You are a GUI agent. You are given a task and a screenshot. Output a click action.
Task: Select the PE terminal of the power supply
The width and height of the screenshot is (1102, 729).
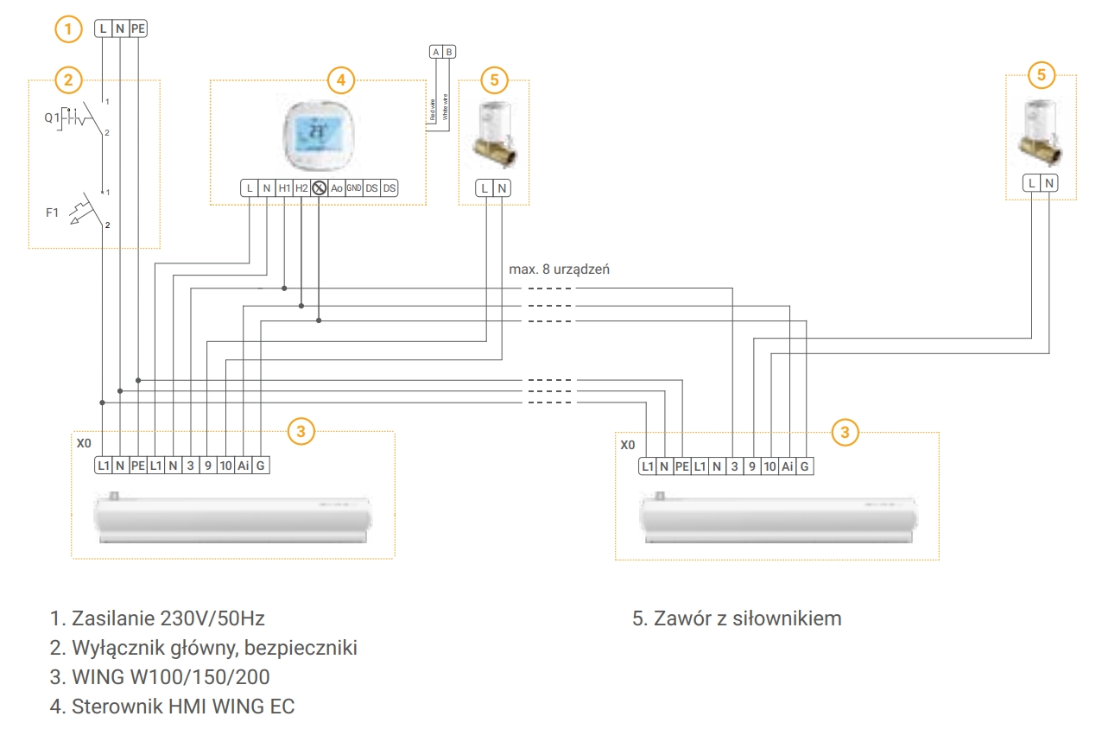click(138, 29)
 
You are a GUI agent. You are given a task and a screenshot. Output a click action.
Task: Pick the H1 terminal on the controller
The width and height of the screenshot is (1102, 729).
click(284, 187)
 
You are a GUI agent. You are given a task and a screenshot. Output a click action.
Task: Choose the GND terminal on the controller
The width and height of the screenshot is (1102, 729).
click(354, 187)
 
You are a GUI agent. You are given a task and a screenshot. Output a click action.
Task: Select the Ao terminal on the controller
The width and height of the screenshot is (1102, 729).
click(337, 187)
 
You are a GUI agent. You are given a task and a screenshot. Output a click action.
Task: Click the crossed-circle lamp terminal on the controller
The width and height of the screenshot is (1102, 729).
click(319, 187)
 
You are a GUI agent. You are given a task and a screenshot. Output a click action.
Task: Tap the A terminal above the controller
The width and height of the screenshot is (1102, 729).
click(436, 52)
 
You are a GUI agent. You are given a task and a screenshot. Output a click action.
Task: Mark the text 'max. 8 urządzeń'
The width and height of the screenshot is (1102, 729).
click(560, 269)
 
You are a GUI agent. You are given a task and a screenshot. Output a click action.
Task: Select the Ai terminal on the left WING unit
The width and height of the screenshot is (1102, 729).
click(244, 466)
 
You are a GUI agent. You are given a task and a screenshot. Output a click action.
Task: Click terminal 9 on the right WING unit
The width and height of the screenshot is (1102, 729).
click(751, 466)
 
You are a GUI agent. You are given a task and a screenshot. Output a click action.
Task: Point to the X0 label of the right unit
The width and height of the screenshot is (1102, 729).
click(628, 446)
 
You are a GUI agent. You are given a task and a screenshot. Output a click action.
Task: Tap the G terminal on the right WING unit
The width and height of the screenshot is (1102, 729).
click(804, 466)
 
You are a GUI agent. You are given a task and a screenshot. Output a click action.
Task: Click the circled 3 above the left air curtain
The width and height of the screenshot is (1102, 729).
click(301, 432)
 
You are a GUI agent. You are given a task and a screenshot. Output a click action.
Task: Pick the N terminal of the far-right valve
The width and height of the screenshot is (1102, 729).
click(1048, 182)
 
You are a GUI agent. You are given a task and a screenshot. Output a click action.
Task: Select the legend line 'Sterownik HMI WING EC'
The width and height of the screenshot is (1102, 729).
click(172, 707)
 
